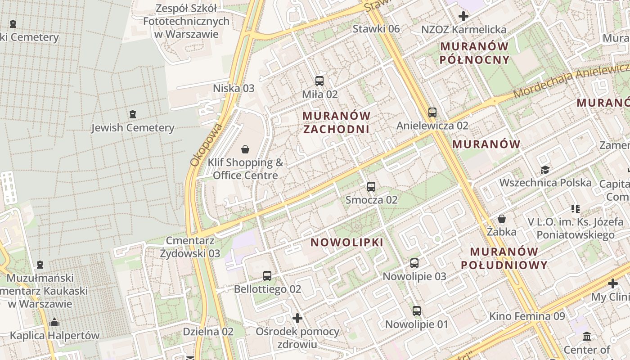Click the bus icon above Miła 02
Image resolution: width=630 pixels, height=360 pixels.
click(319, 81)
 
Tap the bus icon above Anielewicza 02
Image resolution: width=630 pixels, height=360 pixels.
click(432, 112)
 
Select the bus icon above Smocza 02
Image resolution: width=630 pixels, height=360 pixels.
click(371, 187)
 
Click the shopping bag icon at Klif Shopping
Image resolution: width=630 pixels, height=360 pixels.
click(245, 149)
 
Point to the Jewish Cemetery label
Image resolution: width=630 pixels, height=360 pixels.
click(132, 128)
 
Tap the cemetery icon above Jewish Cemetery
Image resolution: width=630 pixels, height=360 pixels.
click(132, 114)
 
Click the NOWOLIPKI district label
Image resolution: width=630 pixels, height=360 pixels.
click(347, 243)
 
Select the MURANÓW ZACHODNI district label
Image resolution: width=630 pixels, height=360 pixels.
click(337, 122)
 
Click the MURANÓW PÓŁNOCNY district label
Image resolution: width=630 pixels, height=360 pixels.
click(475, 53)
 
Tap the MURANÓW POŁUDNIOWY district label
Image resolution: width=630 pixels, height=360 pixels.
click(504, 258)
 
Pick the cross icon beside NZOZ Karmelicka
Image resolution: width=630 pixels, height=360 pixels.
click(463, 17)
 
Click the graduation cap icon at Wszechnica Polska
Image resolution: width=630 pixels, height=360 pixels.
click(545, 170)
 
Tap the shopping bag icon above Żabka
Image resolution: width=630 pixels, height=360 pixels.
click(502, 219)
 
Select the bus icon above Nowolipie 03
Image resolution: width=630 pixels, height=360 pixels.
click(414, 263)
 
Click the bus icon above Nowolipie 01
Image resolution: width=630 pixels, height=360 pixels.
click(417, 310)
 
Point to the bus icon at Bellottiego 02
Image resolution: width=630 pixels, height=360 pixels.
click(267, 275)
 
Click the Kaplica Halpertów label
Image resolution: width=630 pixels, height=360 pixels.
click(54, 335)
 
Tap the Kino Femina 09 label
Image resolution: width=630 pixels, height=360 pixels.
click(527, 316)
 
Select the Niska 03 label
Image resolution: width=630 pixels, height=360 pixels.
click(234, 88)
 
